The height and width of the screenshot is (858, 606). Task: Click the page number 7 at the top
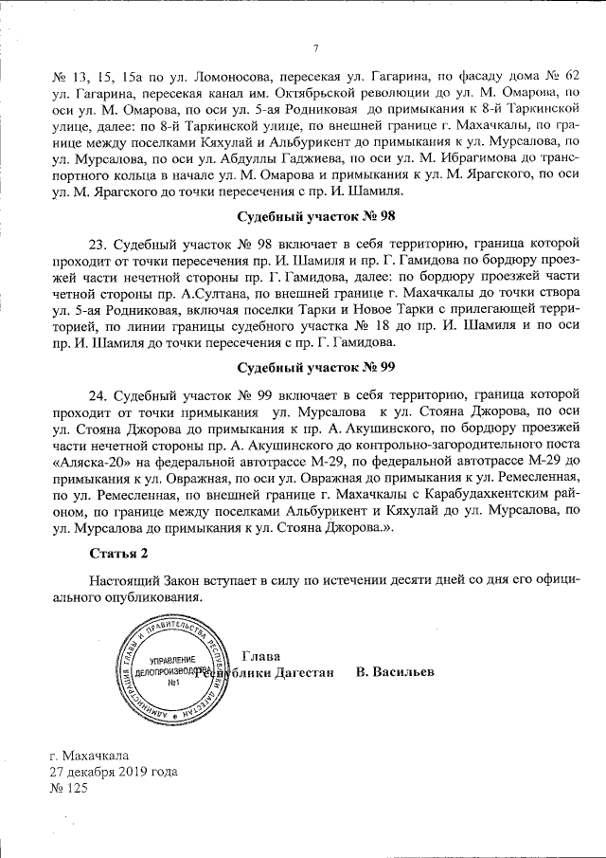[315, 49]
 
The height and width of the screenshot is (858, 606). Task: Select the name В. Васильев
[395, 672]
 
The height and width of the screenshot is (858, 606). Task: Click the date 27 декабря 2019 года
[114, 772]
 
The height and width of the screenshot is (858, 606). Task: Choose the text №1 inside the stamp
[173, 683]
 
